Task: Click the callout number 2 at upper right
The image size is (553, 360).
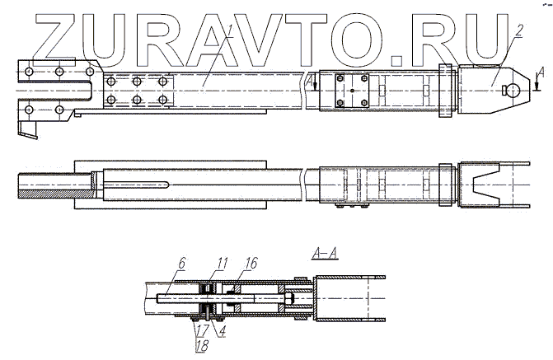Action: pyautogui.click(x=518, y=30)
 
